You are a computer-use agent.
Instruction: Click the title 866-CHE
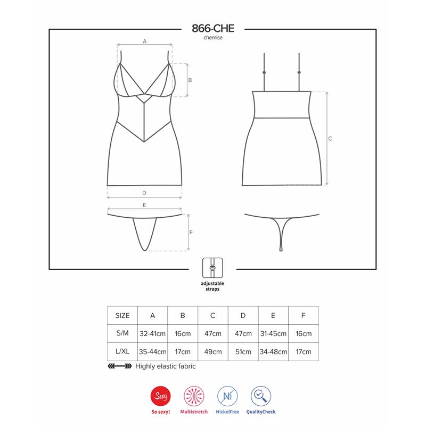pyautogui.click(x=213, y=28)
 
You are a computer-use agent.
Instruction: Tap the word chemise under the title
pyautogui.click(x=213, y=38)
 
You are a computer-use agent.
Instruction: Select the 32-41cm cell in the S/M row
pyautogui.click(x=152, y=333)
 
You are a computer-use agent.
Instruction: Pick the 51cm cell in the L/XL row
pyautogui.click(x=243, y=351)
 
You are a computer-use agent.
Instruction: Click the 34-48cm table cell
pyautogui.click(x=273, y=351)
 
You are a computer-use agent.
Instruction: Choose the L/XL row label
pyautogui.click(x=122, y=351)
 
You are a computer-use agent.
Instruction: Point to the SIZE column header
pyautogui.click(x=122, y=315)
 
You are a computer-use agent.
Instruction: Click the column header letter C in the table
pyautogui.click(x=212, y=315)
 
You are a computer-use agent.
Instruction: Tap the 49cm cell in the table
pyautogui.click(x=213, y=351)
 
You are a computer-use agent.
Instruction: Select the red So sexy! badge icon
pyautogui.click(x=161, y=396)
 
